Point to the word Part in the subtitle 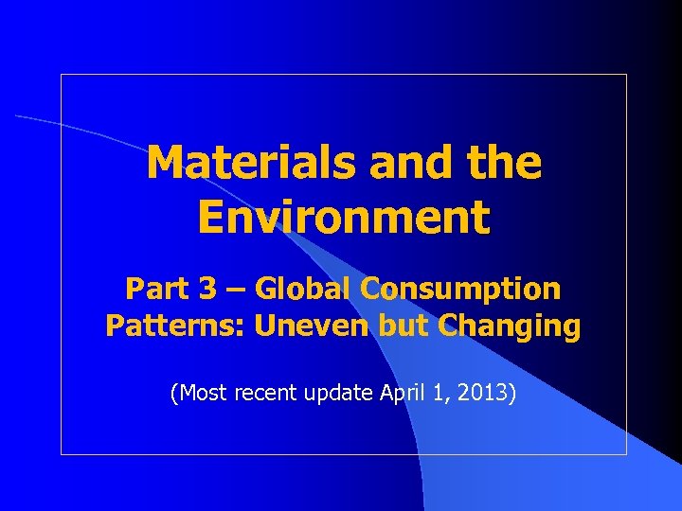154,288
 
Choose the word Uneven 302,326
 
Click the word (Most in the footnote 195,392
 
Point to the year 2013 485,392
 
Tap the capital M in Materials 165,163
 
